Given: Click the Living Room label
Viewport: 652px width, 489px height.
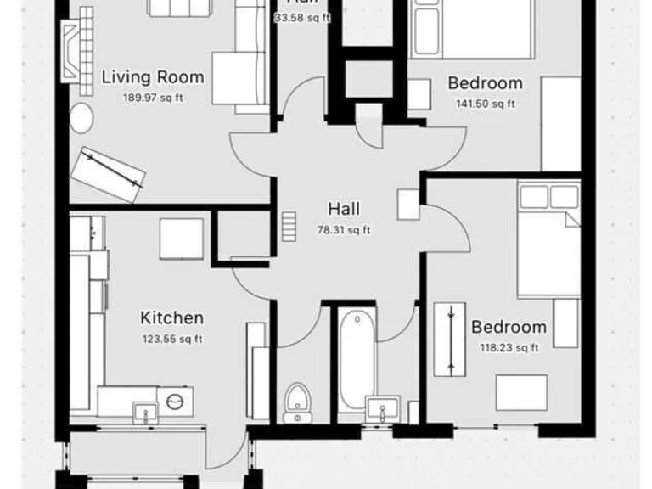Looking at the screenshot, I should click(x=153, y=77).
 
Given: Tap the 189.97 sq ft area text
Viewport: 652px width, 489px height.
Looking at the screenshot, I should click(x=153, y=97).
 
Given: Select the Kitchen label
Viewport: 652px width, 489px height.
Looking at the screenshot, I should click(x=171, y=318).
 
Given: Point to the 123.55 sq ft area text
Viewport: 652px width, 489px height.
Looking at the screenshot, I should click(x=171, y=338).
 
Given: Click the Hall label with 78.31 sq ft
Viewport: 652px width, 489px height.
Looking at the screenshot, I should click(x=344, y=209).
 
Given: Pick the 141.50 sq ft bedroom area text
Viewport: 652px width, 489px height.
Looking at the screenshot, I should click(x=485, y=104).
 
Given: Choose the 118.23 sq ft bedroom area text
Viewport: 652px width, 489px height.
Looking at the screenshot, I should click(x=509, y=346).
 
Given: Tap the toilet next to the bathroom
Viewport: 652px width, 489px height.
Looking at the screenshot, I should click(x=296, y=402).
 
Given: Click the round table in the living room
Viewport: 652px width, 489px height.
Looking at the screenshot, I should click(x=81, y=120).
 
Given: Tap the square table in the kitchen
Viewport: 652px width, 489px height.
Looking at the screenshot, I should click(x=181, y=238).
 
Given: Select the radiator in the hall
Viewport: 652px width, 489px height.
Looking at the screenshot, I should click(x=289, y=226).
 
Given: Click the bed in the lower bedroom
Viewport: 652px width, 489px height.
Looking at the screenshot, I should click(x=548, y=242).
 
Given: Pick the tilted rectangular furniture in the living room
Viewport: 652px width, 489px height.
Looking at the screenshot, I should click(x=110, y=174).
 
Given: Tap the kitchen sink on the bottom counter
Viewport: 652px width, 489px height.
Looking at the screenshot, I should click(x=144, y=412).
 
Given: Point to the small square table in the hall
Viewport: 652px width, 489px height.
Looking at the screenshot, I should click(x=407, y=205).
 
